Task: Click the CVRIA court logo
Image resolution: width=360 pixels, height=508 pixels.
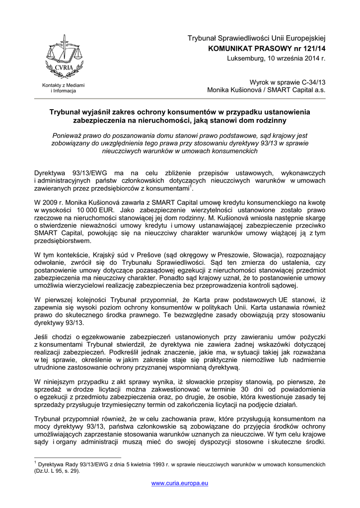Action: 62,57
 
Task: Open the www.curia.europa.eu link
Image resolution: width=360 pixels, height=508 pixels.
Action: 180,483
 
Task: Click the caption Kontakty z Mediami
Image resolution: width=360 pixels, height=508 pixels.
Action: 63,86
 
